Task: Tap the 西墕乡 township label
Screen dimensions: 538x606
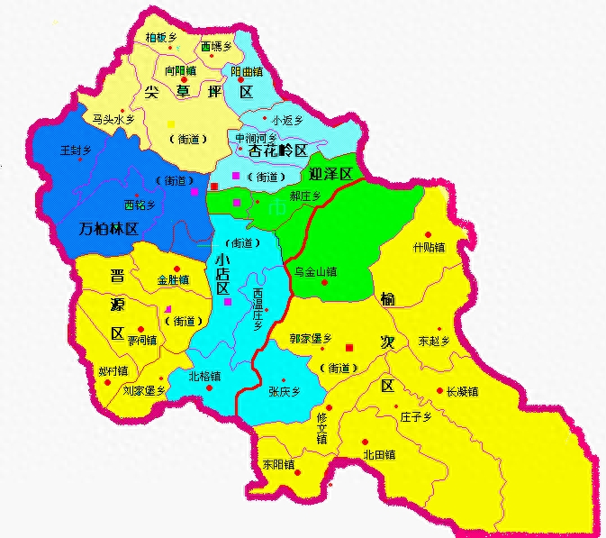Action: (217, 45)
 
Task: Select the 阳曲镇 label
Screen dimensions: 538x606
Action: (247, 71)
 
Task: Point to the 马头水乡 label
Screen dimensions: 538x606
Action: (113, 118)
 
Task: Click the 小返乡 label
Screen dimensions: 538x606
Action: (287, 119)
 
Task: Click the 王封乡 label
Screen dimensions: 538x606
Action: (76, 150)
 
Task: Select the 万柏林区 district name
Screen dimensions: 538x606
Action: (108, 229)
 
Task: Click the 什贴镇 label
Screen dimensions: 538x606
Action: (429, 246)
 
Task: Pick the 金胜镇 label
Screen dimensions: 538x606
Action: (173, 279)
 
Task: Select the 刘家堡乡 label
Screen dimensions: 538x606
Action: (144, 390)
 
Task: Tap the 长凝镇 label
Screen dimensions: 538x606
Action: (462, 391)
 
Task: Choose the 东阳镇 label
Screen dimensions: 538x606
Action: (278, 463)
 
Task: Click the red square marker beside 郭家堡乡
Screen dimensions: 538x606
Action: (349, 347)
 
